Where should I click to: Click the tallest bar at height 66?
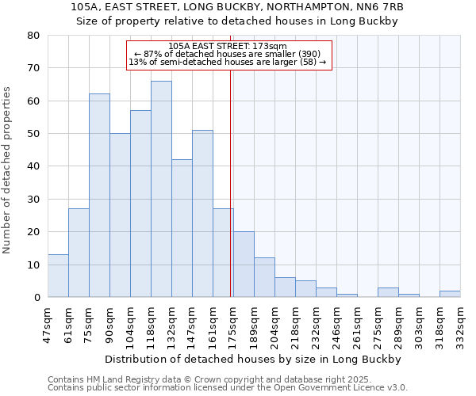pos(161,189)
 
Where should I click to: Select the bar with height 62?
pos(99,196)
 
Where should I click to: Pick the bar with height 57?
pos(140,204)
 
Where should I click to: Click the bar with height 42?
pos(182,228)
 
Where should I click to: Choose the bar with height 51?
pos(202,214)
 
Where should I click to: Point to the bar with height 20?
pos(244,265)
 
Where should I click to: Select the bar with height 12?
pos(264,277)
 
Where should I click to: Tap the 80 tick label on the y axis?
pos(33,36)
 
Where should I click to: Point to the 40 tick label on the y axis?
pos(33,166)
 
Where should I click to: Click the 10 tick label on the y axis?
pos(33,265)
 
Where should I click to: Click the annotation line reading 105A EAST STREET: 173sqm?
pos(228,46)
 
